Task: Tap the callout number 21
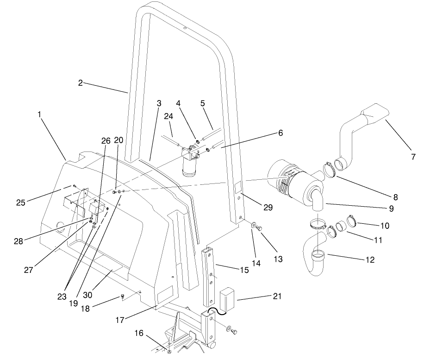tap(276, 296)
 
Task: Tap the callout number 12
tap(370, 260)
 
